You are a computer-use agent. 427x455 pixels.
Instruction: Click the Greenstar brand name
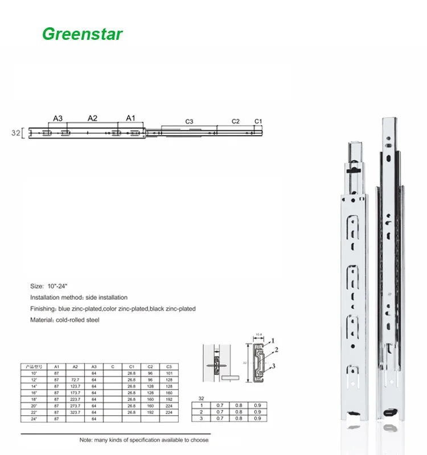tap(83, 34)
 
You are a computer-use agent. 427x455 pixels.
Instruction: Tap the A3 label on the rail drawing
tap(58, 118)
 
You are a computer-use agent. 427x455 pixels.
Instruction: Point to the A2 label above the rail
tap(92, 118)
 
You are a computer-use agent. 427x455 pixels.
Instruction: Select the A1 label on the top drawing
tap(130, 118)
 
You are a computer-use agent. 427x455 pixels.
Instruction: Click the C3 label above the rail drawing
tap(189, 121)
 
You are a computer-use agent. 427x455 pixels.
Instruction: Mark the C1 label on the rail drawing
tap(258, 121)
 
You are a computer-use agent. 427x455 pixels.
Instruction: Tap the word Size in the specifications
tap(36, 287)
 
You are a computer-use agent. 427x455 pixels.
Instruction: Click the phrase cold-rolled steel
tap(78, 320)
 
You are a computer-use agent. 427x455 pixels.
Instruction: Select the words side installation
tap(107, 297)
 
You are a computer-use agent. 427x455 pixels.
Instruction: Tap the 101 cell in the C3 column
tap(169, 374)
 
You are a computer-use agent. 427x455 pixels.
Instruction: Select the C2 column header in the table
tap(150, 366)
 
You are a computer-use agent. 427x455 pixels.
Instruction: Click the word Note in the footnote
tap(86, 440)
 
